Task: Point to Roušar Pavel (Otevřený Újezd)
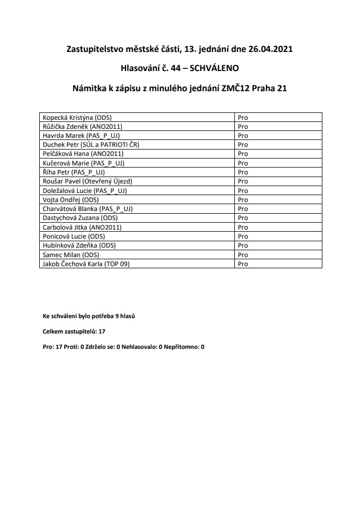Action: [87, 181]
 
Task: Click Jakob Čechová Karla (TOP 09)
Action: [85, 264]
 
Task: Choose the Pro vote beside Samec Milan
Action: [243, 254]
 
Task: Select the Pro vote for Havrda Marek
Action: [243, 136]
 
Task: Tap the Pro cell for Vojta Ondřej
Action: [243, 199]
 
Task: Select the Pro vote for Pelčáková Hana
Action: [243, 154]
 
